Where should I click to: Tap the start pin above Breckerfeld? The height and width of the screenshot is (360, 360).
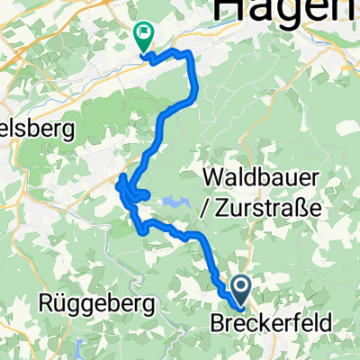coord(242,289)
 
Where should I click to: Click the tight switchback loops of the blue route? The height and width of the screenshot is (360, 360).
coord(130,190)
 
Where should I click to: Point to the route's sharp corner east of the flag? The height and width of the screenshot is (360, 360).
coord(190,56)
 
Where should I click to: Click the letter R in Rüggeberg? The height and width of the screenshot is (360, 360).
coord(46,304)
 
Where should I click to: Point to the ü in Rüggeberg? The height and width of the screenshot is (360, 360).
coord(59,304)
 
